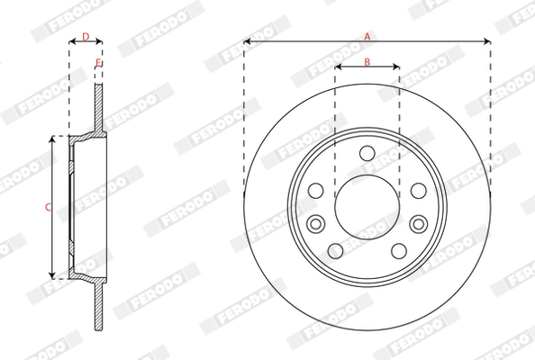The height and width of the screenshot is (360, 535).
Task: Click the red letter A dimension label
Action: coord(367,36)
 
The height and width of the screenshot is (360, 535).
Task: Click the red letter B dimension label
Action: coord(367,61)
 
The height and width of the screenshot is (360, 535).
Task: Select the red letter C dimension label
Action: coord(48,207)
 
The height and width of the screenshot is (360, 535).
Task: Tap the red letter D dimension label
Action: coord(86,36)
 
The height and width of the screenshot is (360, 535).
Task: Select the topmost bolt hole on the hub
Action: coord(367,154)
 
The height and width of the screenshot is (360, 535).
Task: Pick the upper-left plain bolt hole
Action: coord(316,191)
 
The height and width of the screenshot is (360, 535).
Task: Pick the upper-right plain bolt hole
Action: coord(419,191)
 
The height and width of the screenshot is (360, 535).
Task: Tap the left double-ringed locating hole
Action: coord(315,223)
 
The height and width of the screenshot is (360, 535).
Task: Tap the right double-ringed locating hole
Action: coord(419,223)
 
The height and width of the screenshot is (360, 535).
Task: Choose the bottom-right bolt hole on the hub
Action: coord(400,250)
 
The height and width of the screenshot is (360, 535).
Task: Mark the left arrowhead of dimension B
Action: coord(338,67)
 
